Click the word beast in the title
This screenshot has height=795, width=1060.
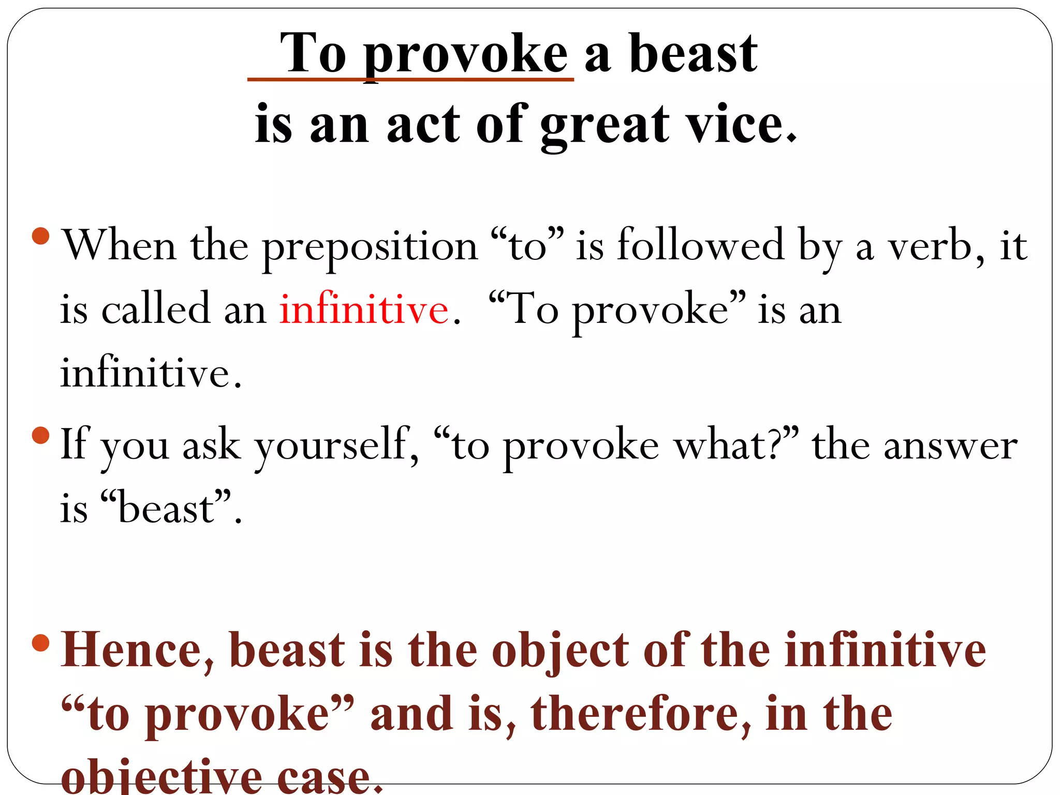pos(693,54)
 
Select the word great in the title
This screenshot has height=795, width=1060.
pos(605,124)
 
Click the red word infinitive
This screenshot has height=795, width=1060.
pos(364,310)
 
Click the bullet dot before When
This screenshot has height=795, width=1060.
pos(40,237)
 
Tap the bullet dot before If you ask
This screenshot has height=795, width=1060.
pos(40,435)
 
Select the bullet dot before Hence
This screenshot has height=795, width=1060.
pos(40,643)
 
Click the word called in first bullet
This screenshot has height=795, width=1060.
pos(156,310)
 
